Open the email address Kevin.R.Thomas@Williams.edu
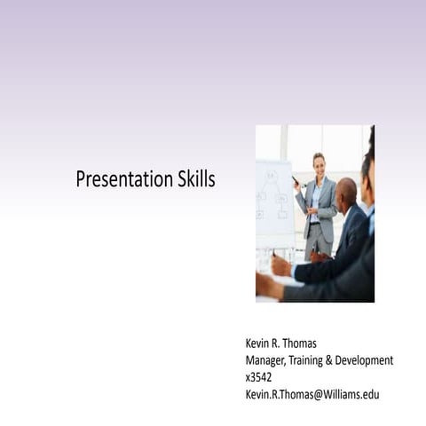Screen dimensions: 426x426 [x=312, y=394]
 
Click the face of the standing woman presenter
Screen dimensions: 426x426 [x=318, y=164]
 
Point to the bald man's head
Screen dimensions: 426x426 [x=346, y=190]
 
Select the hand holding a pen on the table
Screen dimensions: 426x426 [x=280, y=264]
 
